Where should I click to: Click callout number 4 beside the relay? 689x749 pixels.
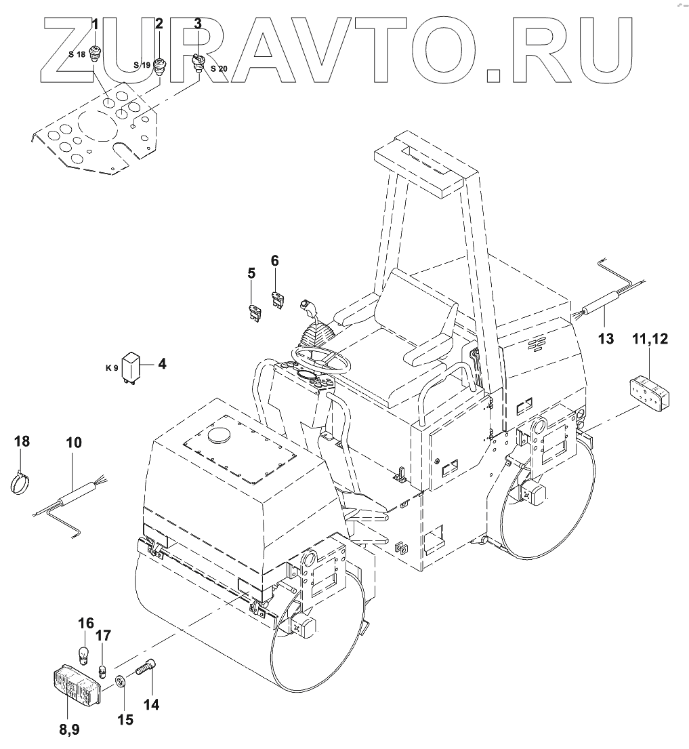(162, 364)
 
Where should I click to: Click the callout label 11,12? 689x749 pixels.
(650, 340)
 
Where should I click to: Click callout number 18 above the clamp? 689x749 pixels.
(22, 442)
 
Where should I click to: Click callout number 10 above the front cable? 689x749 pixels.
(74, 443)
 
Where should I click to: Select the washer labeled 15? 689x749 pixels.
(121, 681)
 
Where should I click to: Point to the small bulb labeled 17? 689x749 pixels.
(103, 670)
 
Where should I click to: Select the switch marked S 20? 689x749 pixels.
(218, 68)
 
